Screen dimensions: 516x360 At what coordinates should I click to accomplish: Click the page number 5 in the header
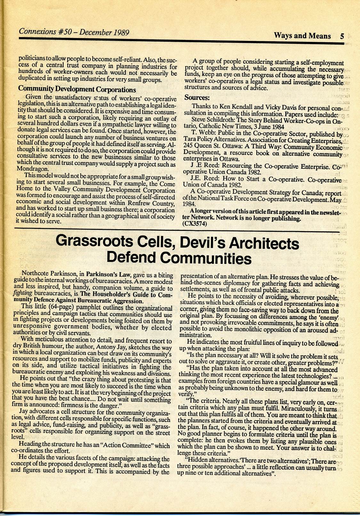click(342, 36)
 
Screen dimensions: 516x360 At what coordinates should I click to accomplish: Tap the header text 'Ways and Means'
click(302, 36)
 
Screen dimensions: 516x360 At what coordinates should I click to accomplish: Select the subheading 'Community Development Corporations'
click(77, 90)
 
